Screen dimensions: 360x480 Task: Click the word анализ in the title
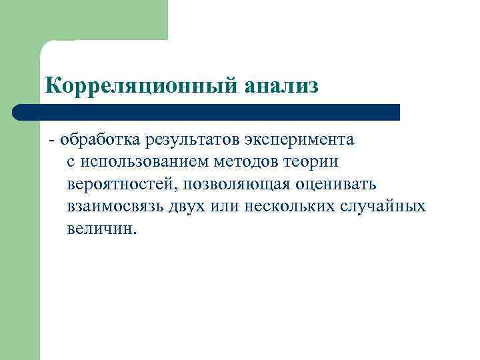[281, 86]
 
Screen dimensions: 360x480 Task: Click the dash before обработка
[51, 141]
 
